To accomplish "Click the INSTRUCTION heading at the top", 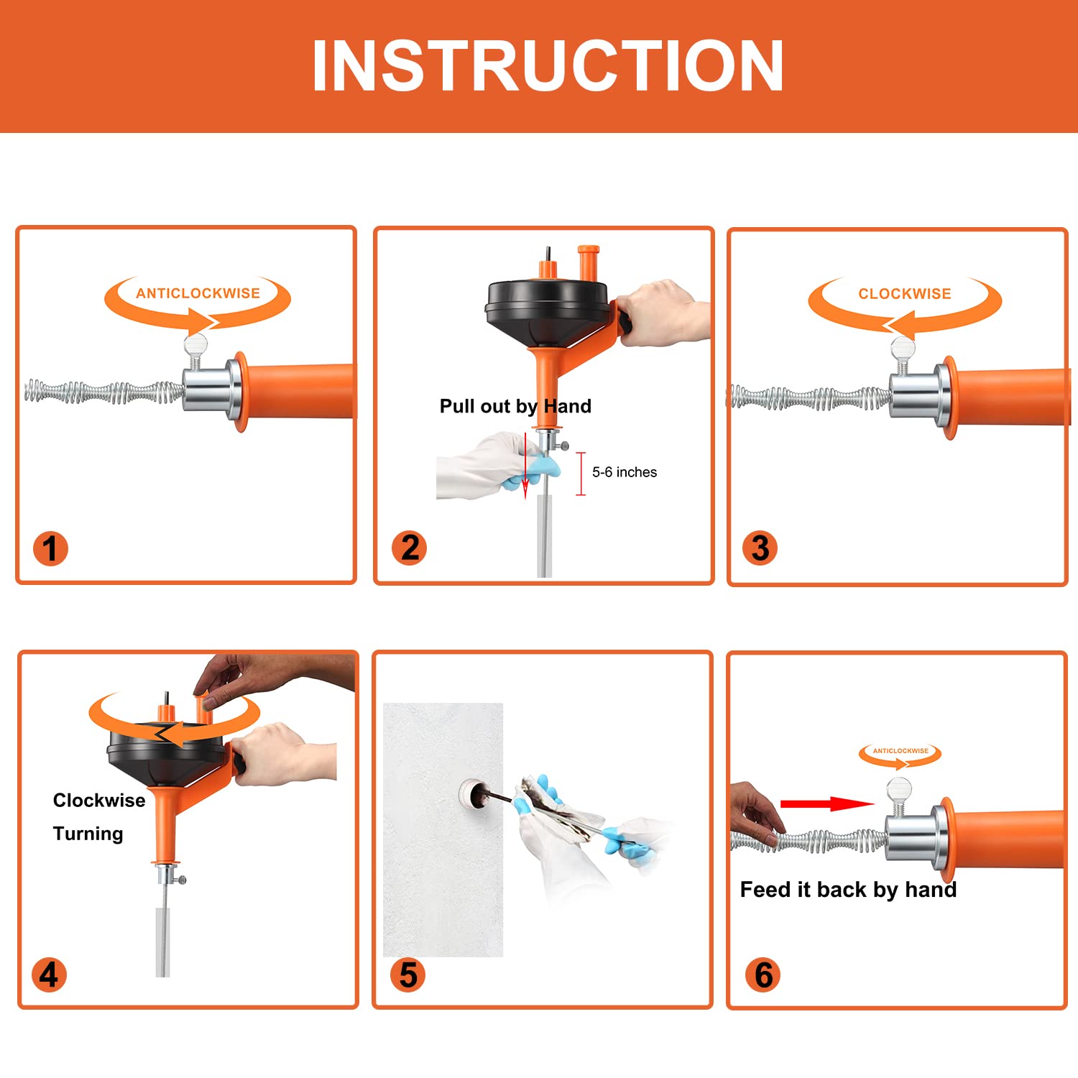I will pos(548,66).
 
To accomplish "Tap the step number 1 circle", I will pos(50,548).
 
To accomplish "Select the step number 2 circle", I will pos(410,548).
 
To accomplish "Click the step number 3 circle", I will pos(760,548).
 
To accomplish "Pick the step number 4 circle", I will pos(49,975).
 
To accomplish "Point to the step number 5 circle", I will pos(407,975).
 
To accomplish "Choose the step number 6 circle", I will pos(763,975).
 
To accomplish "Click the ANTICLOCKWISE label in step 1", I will pos(198,293).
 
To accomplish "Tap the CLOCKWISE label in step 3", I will pos(904,294).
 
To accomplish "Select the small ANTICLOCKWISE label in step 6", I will pos(900,751).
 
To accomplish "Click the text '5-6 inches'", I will pos(624,472).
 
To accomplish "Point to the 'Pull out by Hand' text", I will pos(515,406).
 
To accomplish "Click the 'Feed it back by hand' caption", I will pos(848,890).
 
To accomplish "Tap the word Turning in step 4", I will pos(88,834).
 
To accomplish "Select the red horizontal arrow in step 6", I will pos(826,803).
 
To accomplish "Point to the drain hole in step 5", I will pos(471,793).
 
